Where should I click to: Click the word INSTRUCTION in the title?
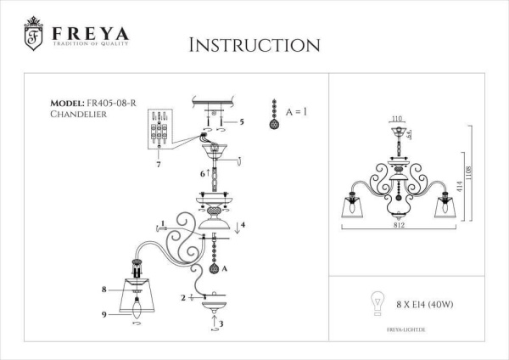point(254,44)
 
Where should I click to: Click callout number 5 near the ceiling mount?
point(242,122)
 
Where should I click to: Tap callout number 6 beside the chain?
point(201,173)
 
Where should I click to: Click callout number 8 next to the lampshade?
point(103,290)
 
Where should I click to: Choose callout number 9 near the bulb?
point(103,314)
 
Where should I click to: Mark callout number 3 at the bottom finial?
point(221,323)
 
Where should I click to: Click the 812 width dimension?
point(399,226)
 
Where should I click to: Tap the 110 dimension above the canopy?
point(396,121)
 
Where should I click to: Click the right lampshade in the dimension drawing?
point(441,208)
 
